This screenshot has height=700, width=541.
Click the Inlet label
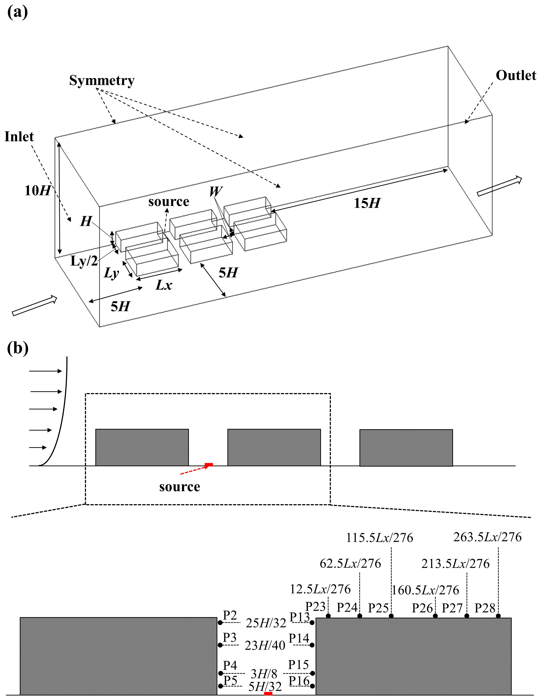pos(19,137)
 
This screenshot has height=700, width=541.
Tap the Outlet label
pos(516,76)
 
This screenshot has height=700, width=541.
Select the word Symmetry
pos(102,80)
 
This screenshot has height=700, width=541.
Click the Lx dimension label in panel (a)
pos(164,285)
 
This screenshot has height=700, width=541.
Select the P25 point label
pos(378,608)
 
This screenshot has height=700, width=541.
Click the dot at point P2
pos(220,623)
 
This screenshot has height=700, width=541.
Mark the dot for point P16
pos(312,686)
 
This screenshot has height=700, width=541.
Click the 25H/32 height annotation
pos(266,623)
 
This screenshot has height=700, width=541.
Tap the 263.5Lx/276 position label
pos(487,537)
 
